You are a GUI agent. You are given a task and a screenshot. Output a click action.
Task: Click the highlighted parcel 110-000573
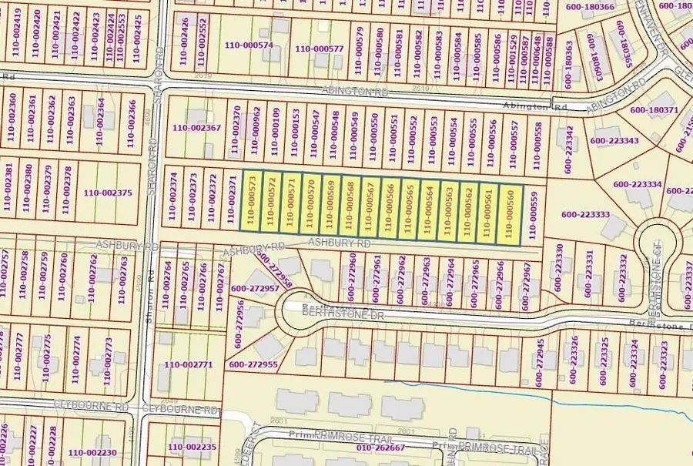252,202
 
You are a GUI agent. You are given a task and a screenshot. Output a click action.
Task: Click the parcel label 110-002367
196,128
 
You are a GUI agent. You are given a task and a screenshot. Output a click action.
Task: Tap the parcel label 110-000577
318,49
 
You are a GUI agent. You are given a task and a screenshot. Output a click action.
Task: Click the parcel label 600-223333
585,215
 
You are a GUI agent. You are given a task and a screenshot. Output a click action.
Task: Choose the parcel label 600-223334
638,185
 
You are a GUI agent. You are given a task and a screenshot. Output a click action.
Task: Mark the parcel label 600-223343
614,140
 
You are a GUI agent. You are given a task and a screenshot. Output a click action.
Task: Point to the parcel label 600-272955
253,364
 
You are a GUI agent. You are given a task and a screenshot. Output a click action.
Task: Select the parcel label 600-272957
253,288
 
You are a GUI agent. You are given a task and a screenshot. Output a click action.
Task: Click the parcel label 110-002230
92,453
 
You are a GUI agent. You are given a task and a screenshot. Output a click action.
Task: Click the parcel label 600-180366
589,7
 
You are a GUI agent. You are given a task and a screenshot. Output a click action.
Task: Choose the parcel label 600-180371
654,110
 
